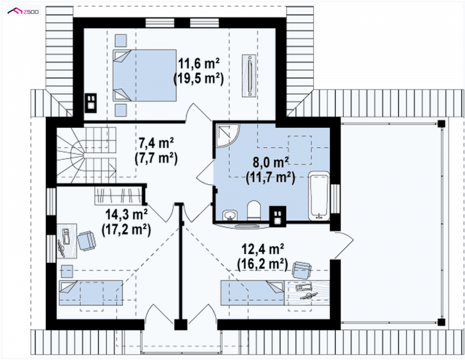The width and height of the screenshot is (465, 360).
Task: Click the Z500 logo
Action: (23, 12)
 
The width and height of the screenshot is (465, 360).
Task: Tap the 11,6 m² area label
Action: (199, 63)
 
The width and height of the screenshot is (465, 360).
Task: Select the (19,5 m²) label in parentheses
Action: (198, 78)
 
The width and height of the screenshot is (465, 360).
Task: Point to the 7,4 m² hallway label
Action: (156, 143)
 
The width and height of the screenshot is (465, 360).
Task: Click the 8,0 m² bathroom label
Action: (271, 163)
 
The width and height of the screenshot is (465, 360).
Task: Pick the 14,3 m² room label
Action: (127, 214)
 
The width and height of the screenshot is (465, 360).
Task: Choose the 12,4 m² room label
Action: (264, 249)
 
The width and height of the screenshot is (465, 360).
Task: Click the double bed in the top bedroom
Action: (145, 75)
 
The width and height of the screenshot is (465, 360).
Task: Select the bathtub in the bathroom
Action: (319, 196)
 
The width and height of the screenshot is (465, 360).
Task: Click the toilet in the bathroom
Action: (253, 210)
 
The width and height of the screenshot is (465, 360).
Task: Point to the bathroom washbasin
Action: (230, 215)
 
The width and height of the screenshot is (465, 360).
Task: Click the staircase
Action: (86, 155)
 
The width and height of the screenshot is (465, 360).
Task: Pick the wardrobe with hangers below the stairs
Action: (119, 196)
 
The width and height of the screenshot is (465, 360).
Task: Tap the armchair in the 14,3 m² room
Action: (87, 241)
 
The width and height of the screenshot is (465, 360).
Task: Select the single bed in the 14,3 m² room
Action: (91, 293)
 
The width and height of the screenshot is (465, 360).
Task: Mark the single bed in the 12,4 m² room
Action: (252, 293)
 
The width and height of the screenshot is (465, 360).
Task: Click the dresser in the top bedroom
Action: (249, 75)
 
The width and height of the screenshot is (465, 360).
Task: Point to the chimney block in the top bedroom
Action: (91, 103)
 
